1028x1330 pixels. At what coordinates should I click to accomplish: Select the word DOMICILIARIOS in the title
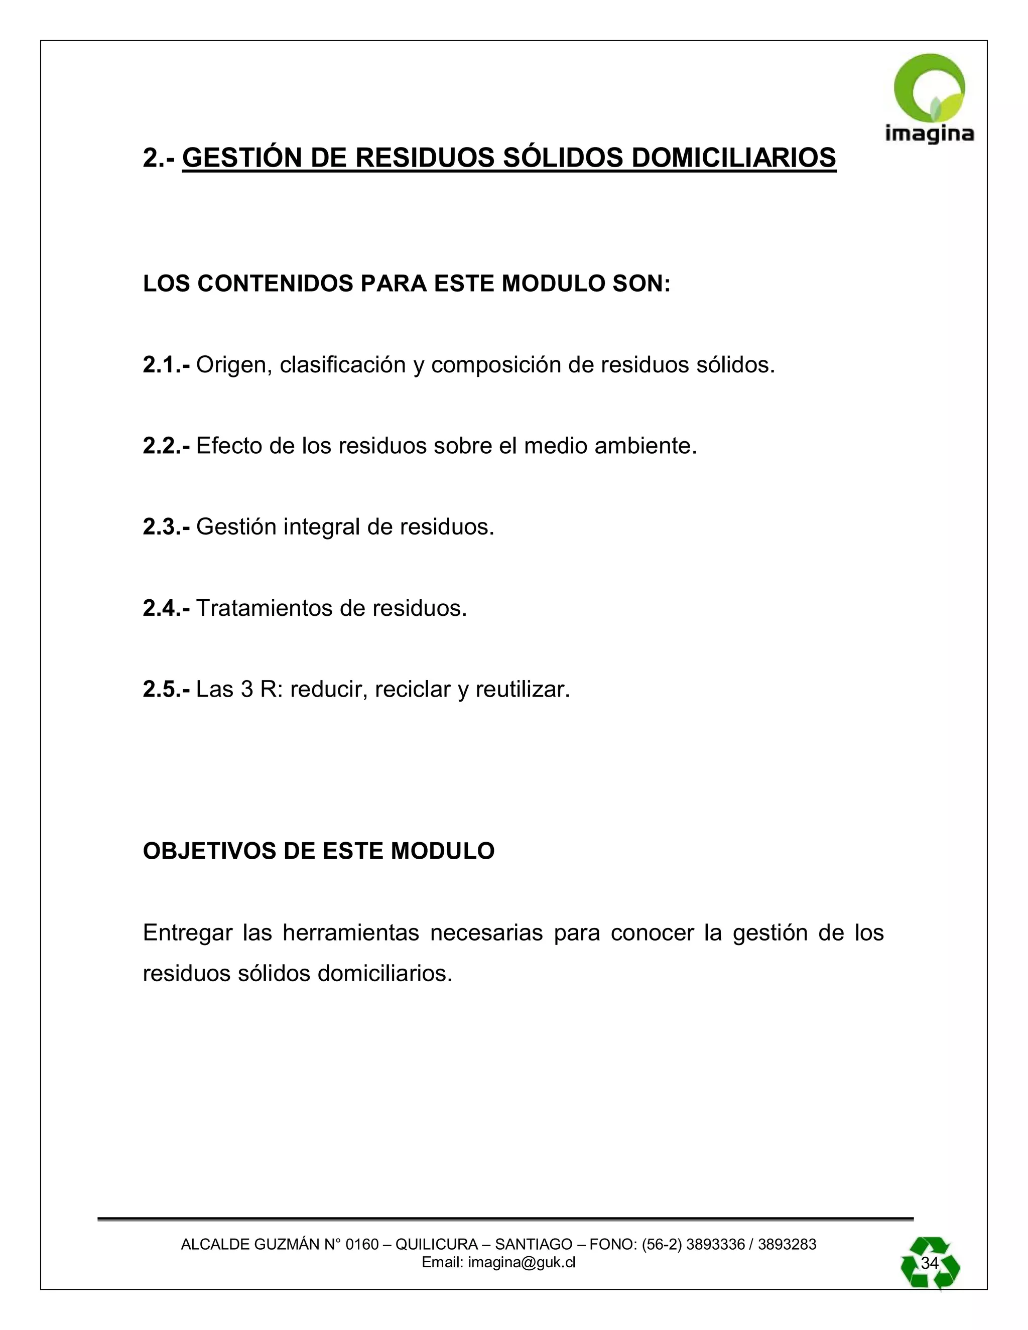click(733, 158)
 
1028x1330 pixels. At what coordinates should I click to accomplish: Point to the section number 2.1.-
click(166, 365)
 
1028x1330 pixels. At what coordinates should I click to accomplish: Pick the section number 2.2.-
click(166, 446)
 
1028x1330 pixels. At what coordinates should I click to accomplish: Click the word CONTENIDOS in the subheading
click(275, 284)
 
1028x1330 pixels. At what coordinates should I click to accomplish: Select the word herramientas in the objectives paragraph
click(351, 933)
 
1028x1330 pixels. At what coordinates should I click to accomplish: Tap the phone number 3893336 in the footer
click(715, 1244)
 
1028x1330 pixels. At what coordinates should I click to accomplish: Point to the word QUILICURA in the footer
click(436, 1244)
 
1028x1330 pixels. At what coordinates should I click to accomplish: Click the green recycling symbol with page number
click(930, 1263)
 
